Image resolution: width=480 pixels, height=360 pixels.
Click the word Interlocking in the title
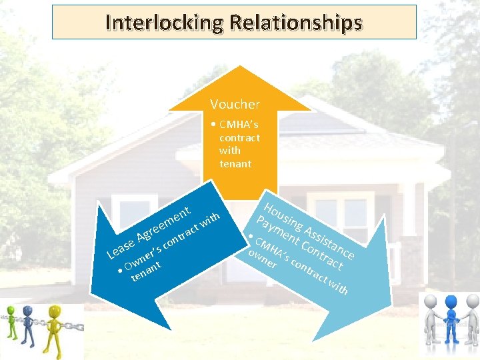click(163, 23)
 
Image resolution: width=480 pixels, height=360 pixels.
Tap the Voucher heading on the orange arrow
click(235, 104)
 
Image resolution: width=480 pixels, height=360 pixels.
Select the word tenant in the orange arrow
click(235, 164)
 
